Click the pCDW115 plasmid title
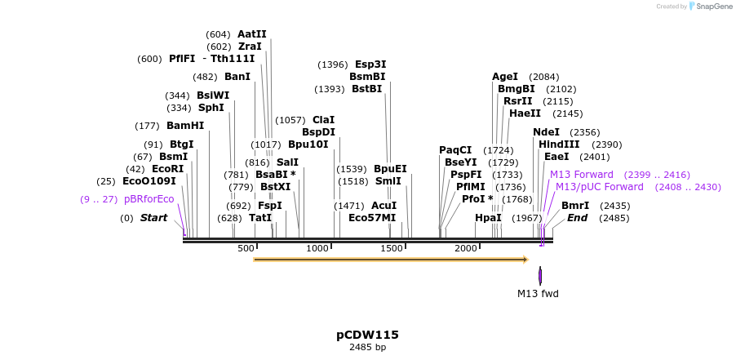[367, 335]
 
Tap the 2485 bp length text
[367, 348]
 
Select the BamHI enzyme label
[185, 126]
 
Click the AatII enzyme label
[252, 34]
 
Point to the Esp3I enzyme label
[370, 64]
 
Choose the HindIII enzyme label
[559, 144]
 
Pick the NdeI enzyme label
[546, 132]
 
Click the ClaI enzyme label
[324, 120]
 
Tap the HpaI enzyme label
[488, 218]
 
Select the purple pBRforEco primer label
[149, 199]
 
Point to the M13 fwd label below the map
[538, 294]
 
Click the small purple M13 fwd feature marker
[540, 276]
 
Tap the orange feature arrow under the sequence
[390, 260]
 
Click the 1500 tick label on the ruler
[392, 248]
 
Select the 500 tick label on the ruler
[246, 248]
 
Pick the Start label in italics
[153, 218]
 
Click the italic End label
[577, 218]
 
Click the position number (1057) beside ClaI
[290, 120]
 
